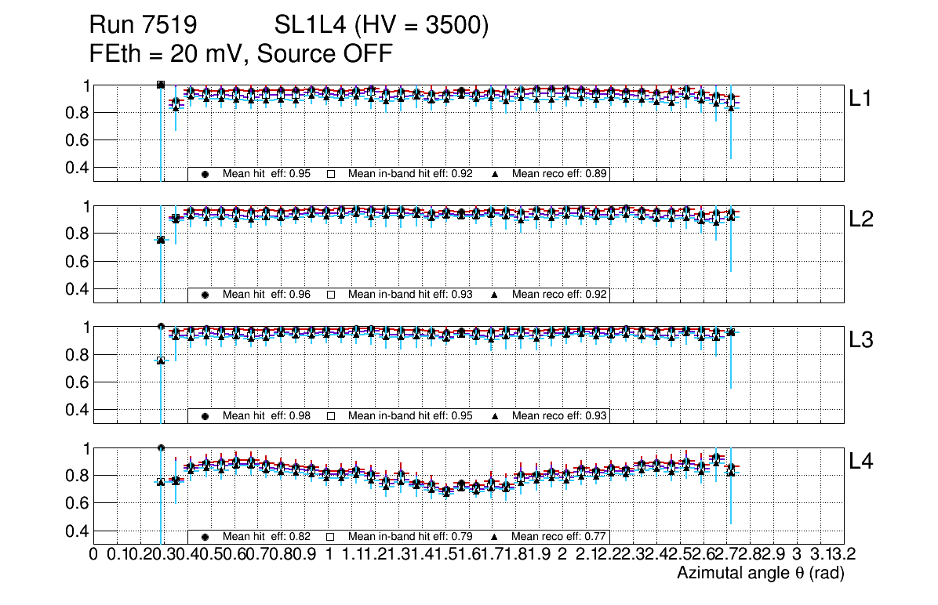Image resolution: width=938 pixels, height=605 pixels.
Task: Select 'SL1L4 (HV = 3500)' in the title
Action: tap(382, 26)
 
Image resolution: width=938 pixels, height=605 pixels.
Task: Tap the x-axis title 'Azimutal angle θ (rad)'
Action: tap(760, 574)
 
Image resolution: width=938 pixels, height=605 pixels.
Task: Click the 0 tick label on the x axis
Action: tap(94, 555)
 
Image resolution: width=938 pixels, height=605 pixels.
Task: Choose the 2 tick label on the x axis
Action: tap(562, 555)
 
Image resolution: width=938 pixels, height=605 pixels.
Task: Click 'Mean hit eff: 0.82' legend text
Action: tap(266, 537)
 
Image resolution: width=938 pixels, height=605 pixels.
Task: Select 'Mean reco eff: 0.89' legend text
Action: tap(560, 174)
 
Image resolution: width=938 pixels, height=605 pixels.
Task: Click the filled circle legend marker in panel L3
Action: tap(205, 416)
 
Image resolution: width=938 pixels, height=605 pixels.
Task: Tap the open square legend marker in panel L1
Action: tap(331, 174)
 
